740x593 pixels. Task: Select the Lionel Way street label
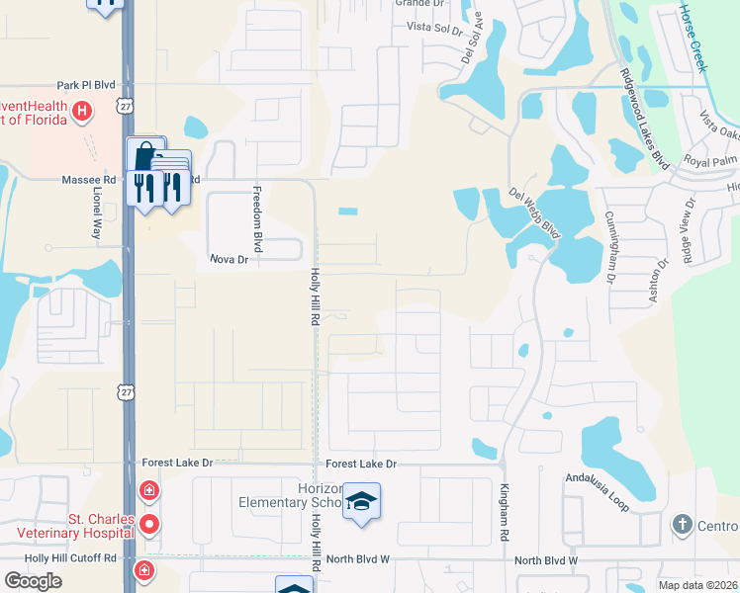pyautogui.click(x=97, y=217)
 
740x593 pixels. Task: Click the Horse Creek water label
pyautogui.click(x=692, y=38)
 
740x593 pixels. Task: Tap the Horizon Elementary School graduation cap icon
pyautogui.click(x=362, y=503)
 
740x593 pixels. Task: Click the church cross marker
pyautogui.click(x=682, y=524)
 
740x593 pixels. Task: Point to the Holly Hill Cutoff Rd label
pyautogui.click(x=70, y=558)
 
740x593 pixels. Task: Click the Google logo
pyautogui.click(x=33, y=581)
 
